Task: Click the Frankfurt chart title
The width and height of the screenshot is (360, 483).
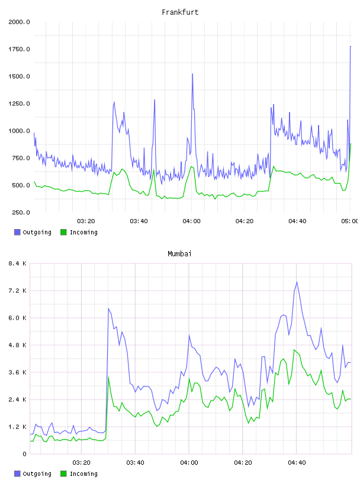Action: coord(180,12)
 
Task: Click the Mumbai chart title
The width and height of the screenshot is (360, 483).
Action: coord(179,253)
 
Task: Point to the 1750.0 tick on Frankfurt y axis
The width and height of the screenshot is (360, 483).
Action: coord(19,49)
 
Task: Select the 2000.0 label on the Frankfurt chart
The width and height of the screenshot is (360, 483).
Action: coord(19,22)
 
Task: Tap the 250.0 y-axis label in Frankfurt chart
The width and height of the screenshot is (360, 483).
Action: coord(21,212)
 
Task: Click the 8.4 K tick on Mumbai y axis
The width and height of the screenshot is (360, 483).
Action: coord(17,263)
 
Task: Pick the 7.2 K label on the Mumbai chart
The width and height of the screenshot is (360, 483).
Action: coord(17,291)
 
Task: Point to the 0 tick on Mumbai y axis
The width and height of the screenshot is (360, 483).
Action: coord(24,454)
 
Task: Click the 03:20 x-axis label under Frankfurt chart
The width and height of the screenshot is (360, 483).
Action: coord(86,221)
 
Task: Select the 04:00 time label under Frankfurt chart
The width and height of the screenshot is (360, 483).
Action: coord(191,221)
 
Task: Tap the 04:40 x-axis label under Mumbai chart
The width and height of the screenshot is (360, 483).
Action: coord(297,463)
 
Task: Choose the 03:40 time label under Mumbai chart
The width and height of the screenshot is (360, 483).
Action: coord(136,463)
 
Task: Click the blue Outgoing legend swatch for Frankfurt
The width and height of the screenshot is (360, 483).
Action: coord(17,232)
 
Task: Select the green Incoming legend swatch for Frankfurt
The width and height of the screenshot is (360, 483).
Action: coord(63,232)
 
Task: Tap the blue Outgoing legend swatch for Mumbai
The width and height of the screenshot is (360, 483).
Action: coord(17,474)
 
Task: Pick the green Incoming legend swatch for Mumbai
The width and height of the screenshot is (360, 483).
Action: coord(63,474)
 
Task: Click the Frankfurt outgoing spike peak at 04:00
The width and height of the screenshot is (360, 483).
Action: coord(192,74)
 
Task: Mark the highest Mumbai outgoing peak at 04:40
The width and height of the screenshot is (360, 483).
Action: coord(297,282)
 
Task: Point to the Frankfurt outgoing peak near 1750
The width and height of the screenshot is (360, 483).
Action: coord(351,47)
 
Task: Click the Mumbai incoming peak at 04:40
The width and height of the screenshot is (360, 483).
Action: coord(294,350)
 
